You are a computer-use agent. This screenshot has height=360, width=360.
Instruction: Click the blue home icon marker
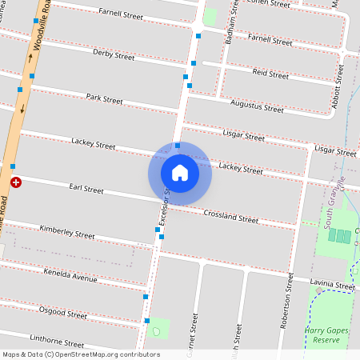coord(180,172)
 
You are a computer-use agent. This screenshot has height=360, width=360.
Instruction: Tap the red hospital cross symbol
coord(16,183)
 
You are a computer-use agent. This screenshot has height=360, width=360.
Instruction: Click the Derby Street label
coord(114,55)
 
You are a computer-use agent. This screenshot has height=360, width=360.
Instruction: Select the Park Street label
coord(105,99)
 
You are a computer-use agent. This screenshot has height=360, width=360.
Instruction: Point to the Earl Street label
coord(86,190)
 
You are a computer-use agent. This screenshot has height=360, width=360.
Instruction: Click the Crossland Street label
coord(230,216)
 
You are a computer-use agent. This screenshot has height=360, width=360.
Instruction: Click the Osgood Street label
coord(63,314)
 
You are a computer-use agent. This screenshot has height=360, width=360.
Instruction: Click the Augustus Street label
coord(257,105)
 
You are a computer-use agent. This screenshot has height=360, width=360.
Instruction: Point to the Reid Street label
coord(270,74)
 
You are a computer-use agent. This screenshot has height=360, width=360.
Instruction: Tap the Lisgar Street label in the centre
coord(244,137)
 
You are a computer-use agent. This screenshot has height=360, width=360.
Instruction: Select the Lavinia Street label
coord(334,286)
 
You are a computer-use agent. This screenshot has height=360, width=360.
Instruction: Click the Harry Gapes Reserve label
coord(328,334)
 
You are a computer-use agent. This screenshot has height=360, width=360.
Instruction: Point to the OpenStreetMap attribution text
coord(80,354)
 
